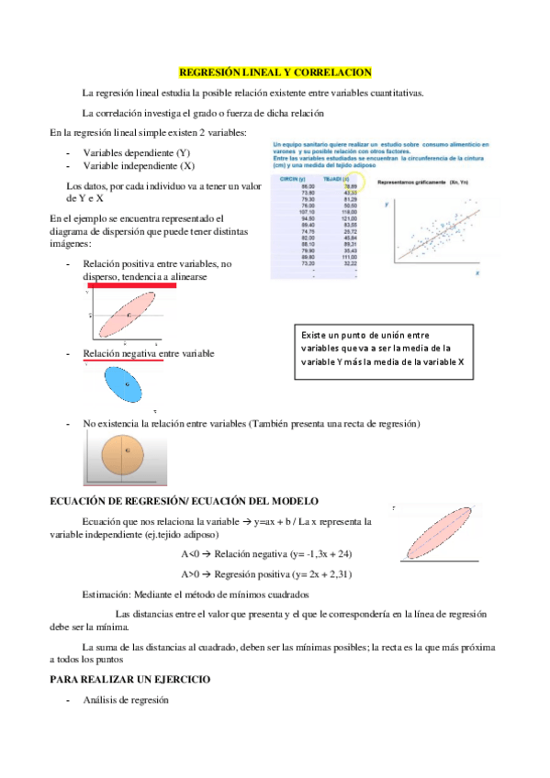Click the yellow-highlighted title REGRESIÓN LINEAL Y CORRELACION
[x=275, y=71]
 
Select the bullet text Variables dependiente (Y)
[x=137, y=152]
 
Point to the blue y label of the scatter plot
[x=387, y=204]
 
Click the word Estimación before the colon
[x=105, y=594]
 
